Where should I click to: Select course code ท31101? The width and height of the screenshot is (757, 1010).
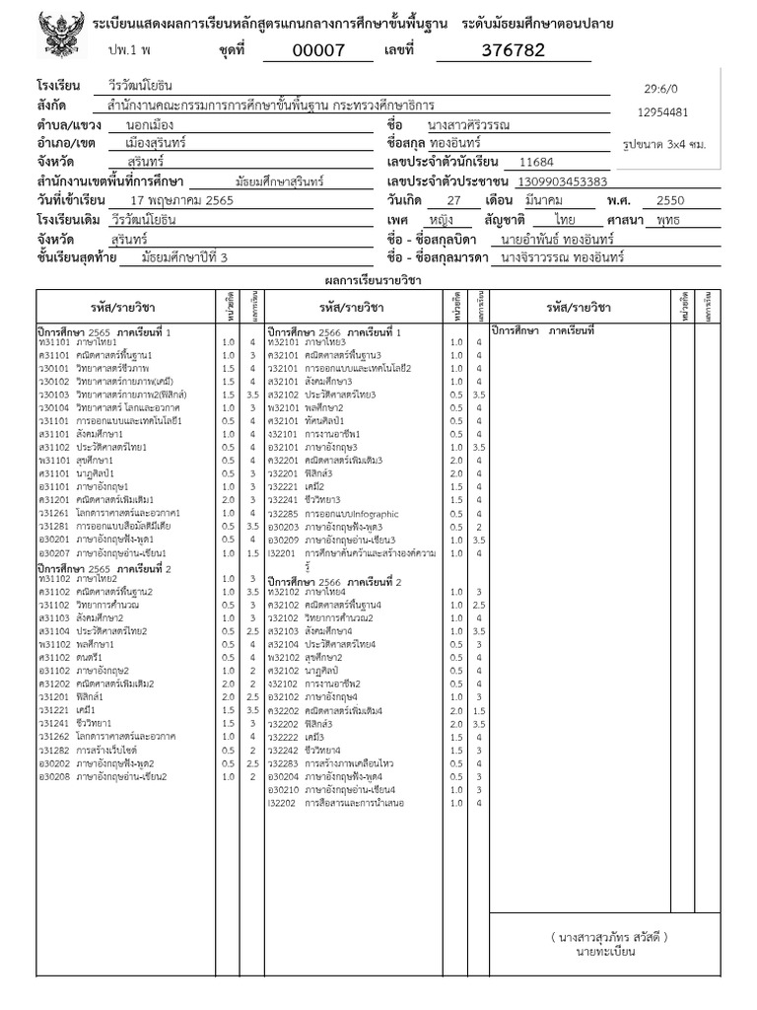pos(51,342)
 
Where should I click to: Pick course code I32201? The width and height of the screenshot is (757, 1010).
pos(281,553)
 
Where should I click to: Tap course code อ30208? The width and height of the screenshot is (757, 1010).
pos(52,776)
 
